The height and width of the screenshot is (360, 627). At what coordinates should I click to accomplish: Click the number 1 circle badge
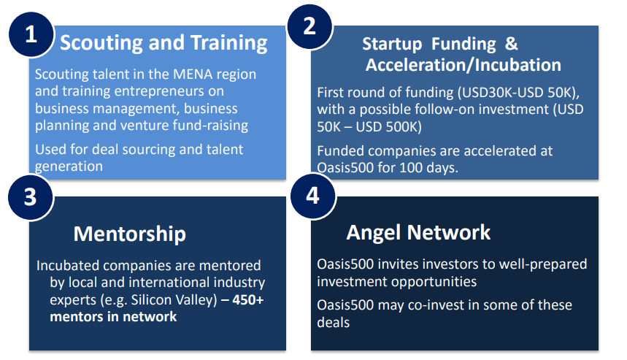click(x=31, y=34)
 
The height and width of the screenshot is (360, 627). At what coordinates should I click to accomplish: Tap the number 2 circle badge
click(x=309, y=26)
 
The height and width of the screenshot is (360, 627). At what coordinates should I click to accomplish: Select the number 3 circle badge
click(x=31, y=197)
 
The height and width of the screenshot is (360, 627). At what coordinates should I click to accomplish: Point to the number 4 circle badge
click(x=312, y=196)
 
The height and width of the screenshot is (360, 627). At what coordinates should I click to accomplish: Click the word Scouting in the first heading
click(x=102, y=43)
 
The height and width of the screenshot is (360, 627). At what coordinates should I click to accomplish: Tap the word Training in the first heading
click(x=228, y=43)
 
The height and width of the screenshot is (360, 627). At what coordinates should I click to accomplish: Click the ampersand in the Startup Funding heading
click(x=512, y=44)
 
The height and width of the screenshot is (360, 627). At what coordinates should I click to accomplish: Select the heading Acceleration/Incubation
click(x=463, y=65)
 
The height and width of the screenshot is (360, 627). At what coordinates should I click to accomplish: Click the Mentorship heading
click(x=129, y=234)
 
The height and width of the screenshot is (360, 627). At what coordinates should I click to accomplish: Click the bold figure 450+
click(x=248, y=300)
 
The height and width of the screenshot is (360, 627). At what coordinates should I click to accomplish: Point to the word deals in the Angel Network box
click(x=333, y=323)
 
